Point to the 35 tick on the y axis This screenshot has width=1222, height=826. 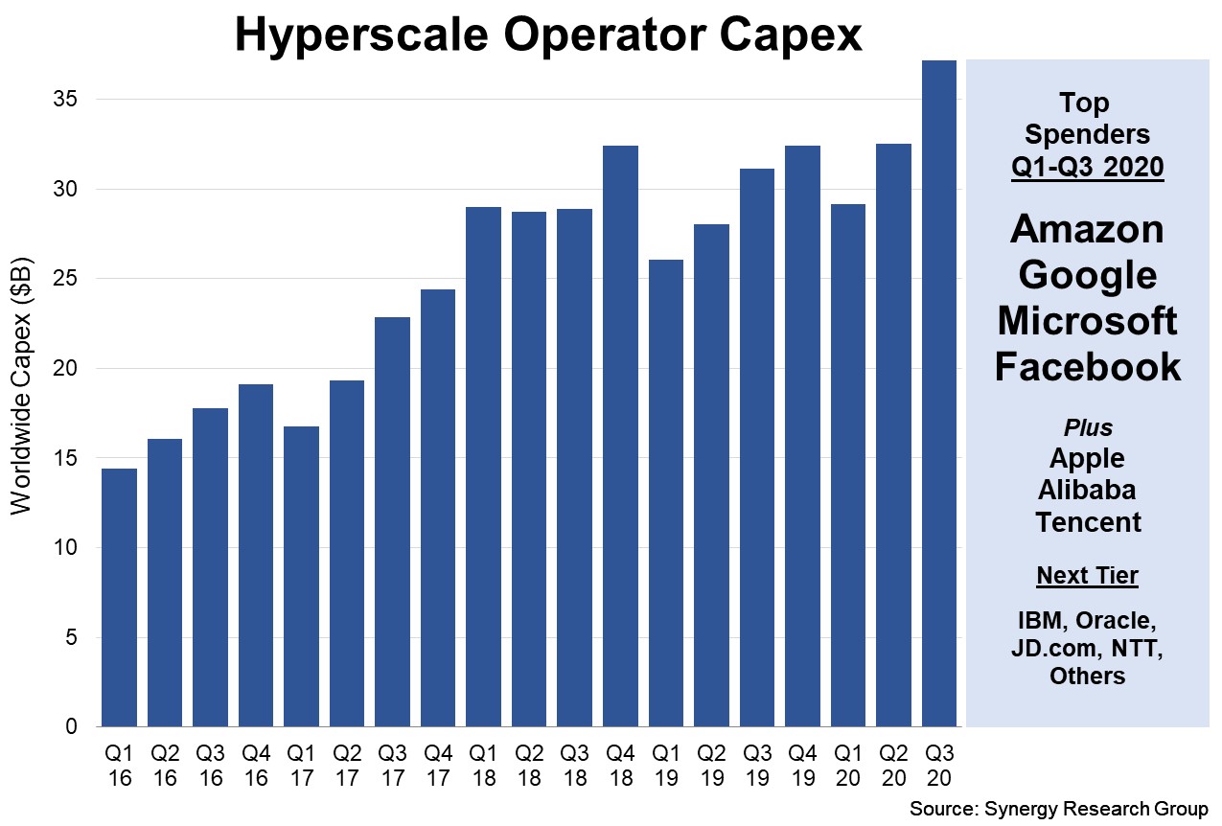74,100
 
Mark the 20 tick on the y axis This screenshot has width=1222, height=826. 74,369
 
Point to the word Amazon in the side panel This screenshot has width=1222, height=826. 1087,229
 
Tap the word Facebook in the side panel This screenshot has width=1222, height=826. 1087,367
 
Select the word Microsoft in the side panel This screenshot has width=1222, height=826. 1087,321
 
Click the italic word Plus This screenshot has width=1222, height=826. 1087,426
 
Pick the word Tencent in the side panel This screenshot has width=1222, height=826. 1087,522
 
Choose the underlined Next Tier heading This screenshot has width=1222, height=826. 1087,575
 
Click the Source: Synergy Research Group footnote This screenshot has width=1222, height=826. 1059,809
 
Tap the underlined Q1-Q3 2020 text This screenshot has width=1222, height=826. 1087,167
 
